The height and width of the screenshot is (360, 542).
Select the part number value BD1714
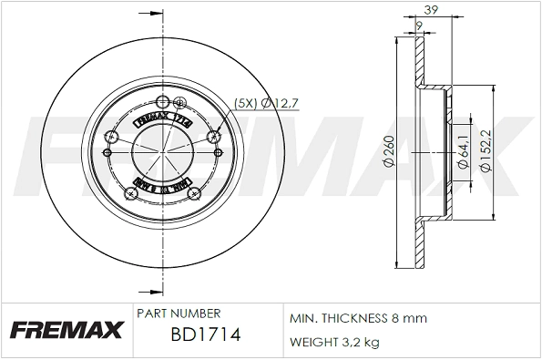pyautogui.click(x=205, y=335)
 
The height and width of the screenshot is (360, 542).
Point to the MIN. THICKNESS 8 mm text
pyautogui.click(x=358, y=320)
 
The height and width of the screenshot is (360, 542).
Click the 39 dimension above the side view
pyautogui.click(x=420, y=10)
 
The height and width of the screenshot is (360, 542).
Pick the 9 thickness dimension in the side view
pyautogui.click(x=418, y=26)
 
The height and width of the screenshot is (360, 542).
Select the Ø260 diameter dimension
pyautogui.click(x=388, y=149)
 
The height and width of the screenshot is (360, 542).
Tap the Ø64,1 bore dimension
pyautogui.click(x=463, y=149)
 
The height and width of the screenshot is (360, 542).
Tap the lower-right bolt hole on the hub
pyautogui.click(x=193, y=194)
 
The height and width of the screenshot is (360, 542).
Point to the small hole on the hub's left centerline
pyautogui.click(x=107, y=152)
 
